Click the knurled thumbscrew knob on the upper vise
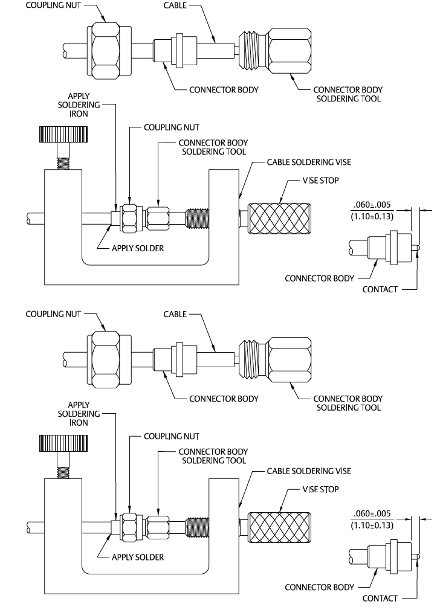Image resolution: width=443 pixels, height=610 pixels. tap(63, 134)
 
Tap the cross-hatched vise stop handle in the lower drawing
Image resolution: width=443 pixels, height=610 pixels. tap(279, 527)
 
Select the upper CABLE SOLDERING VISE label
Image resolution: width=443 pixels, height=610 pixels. tap(309, 162)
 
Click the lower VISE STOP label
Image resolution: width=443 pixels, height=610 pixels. tap(320, 489)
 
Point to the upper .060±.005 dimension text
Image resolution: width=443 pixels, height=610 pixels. tap(372, 205)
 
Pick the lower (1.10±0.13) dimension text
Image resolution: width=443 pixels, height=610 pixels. tap(372, 525)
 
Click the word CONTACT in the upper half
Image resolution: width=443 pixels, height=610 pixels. tap(380, 289)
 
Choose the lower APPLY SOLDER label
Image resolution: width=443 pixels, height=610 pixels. tap(137, 557)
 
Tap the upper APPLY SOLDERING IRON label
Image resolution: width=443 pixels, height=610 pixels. tap(79, 104)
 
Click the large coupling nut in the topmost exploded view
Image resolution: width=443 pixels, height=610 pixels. tap(105, 51)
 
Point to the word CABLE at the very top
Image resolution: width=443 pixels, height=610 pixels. tap(175, 5)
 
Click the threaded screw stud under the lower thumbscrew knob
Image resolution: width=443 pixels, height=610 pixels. tap(63, 473)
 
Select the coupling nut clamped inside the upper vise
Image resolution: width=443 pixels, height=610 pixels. tap(129, 218)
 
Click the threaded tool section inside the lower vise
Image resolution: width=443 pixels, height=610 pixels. tap(198, 527)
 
